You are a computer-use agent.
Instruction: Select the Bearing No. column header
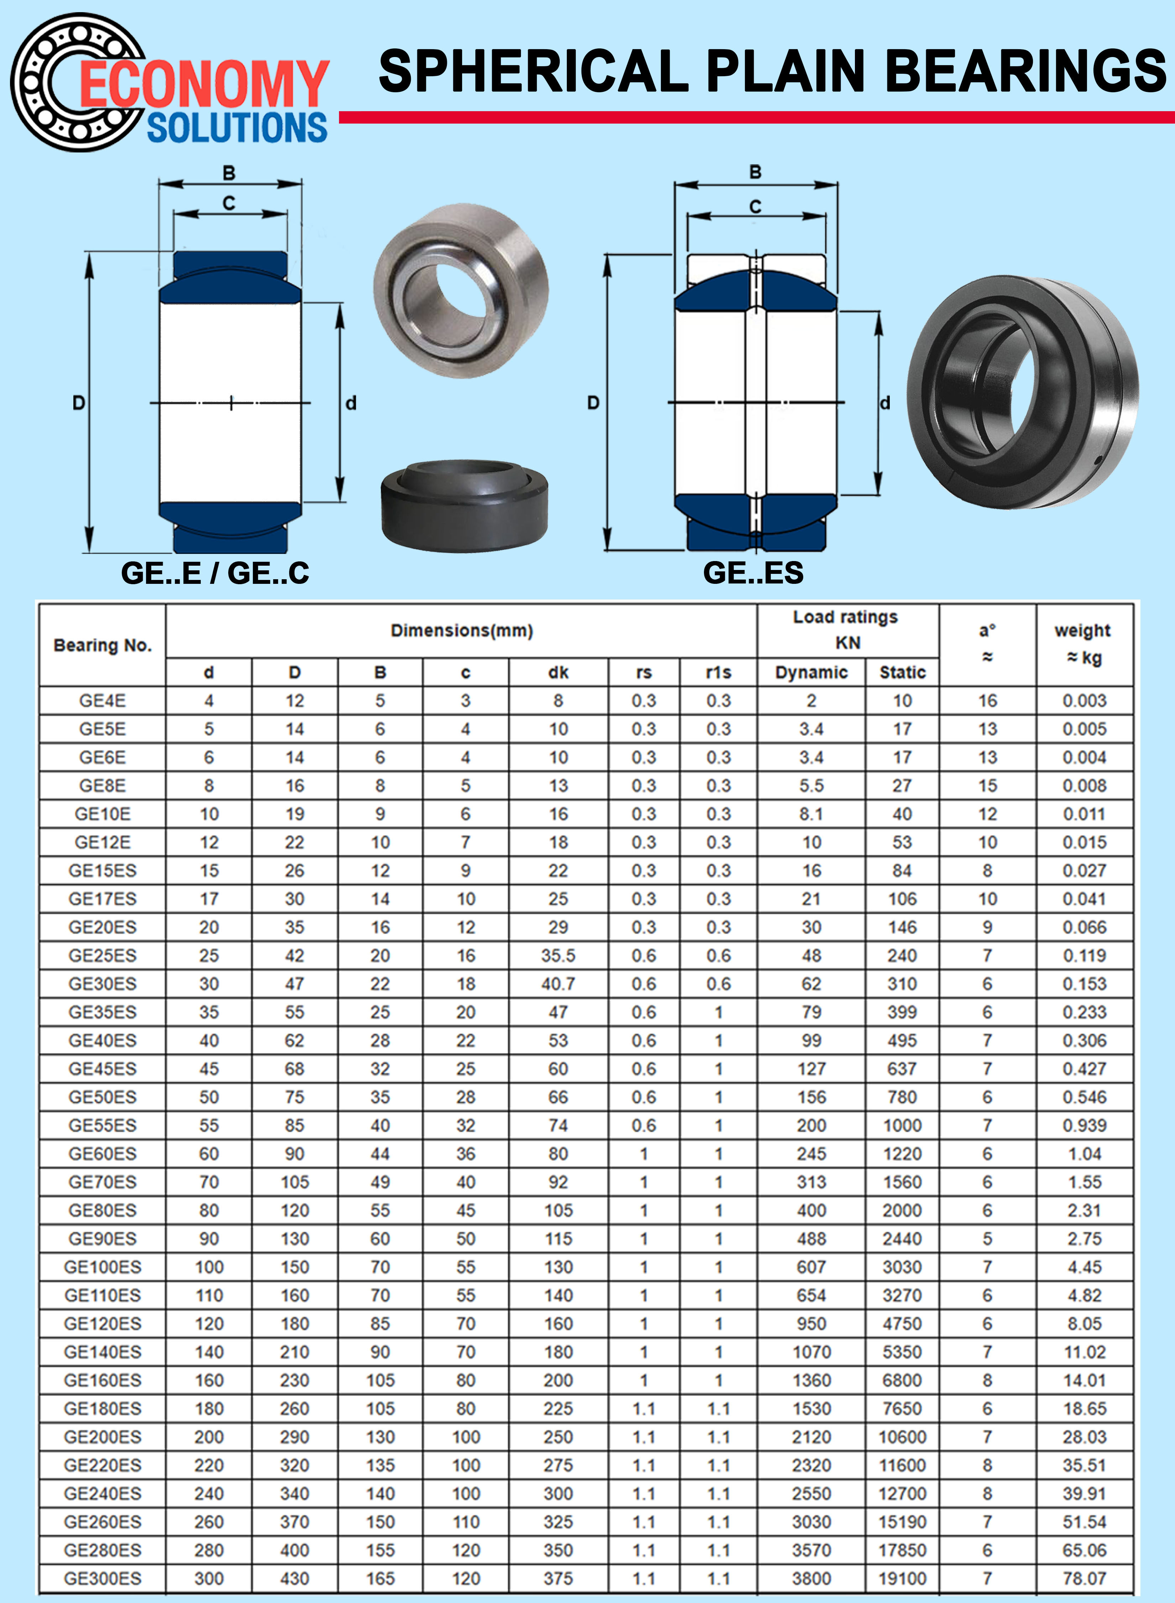click(x=103, y=645)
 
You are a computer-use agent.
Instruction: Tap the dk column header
click(x=558, y=672)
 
